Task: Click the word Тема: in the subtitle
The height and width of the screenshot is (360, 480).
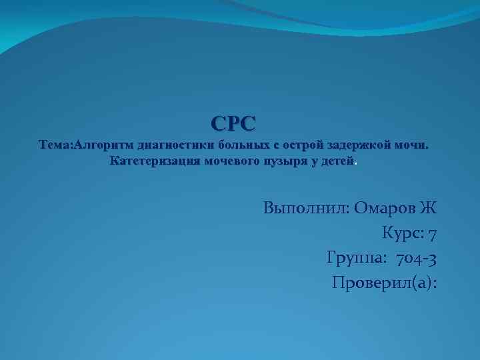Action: [x=57, y=145]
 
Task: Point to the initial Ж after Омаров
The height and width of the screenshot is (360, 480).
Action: [x=429, y=208]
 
